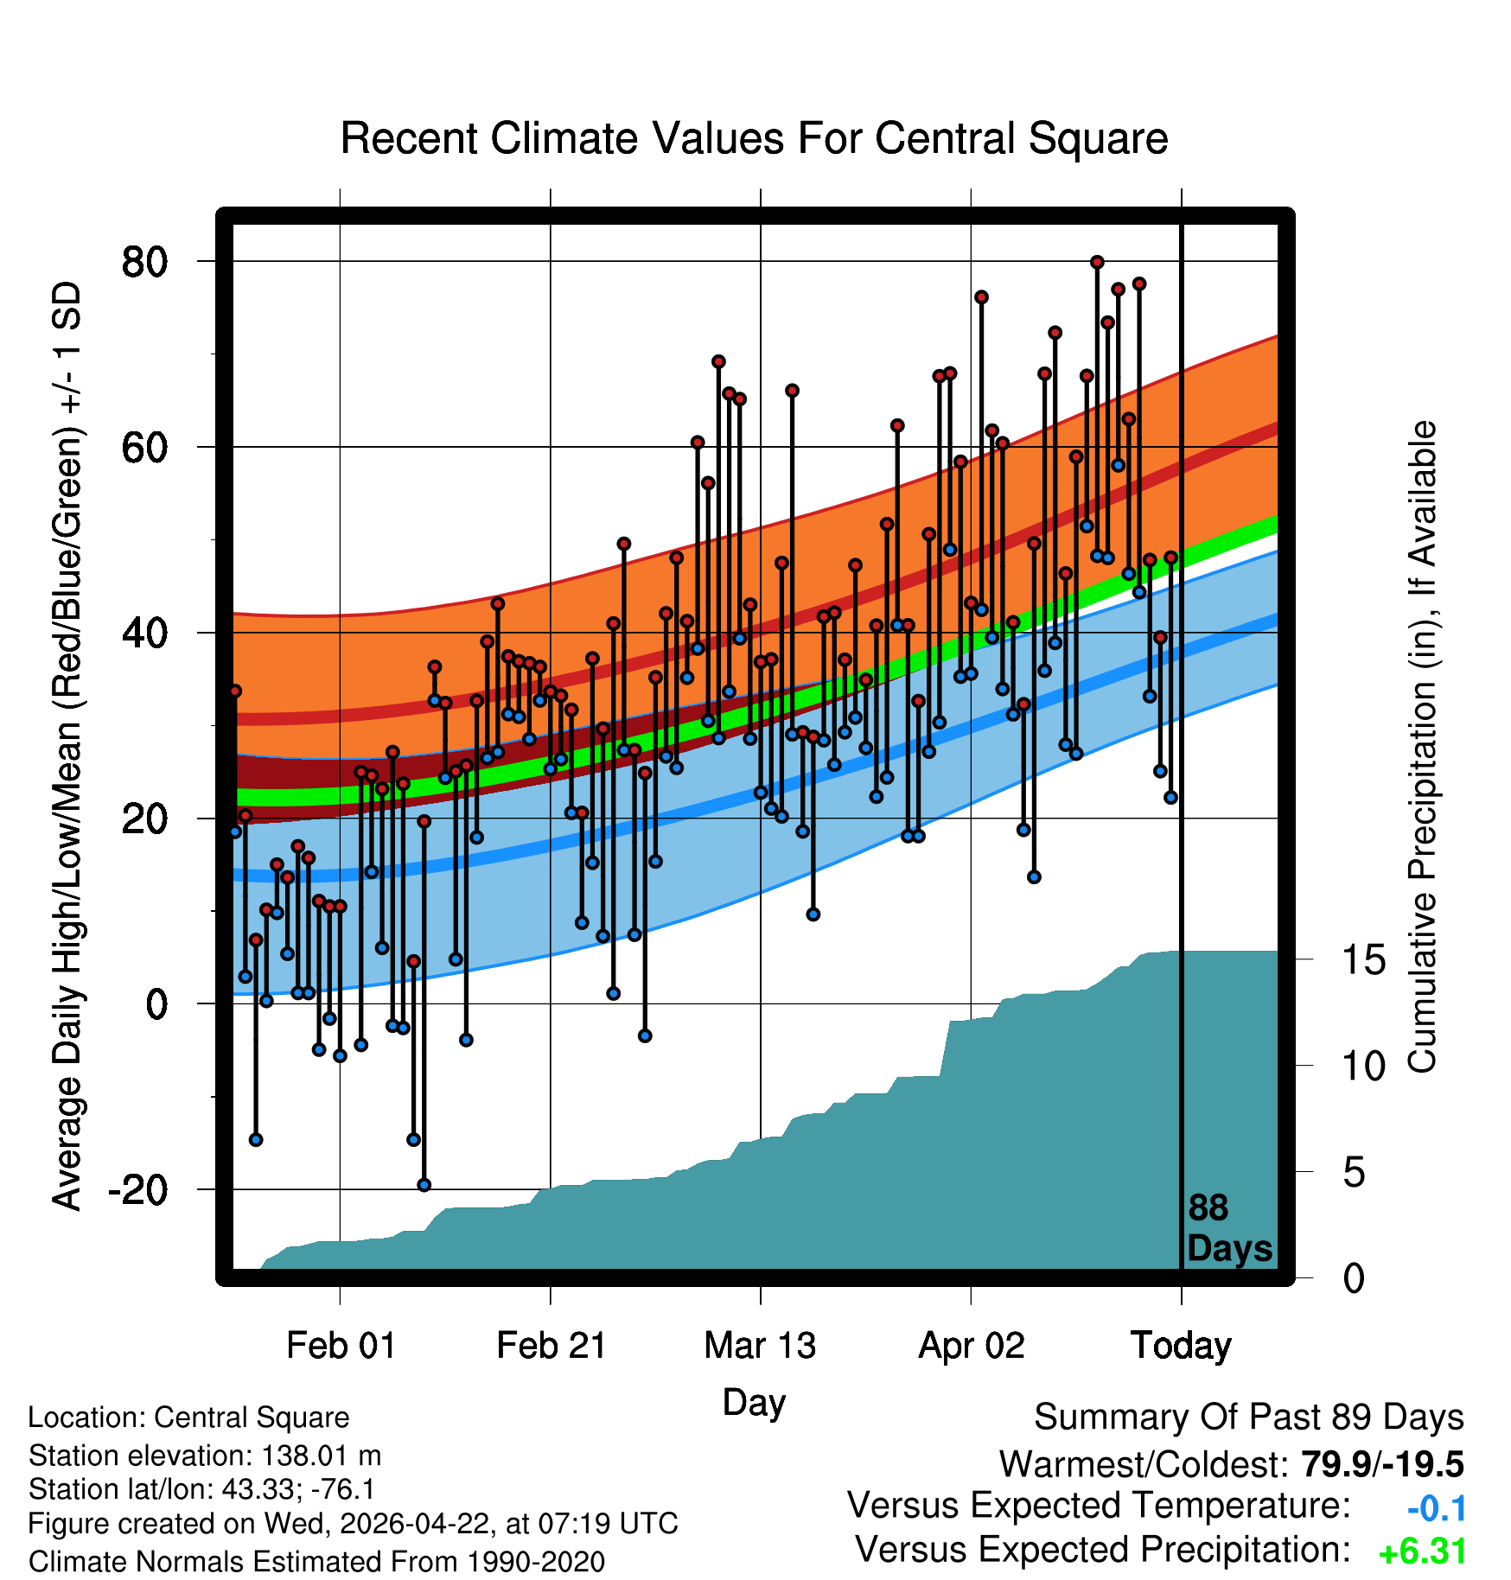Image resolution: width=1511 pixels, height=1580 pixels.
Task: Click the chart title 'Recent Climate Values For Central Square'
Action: pos(754,138)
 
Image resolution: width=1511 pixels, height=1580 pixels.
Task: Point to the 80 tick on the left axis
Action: pos(144,261)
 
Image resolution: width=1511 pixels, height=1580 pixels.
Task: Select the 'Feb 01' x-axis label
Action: pos(341,1346)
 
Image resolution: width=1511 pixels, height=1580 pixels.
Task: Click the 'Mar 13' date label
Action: pos(760,1346)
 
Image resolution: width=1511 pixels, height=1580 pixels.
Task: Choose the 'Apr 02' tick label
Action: pos(971,1346)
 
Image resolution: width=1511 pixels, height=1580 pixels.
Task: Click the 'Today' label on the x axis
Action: pos(1181,1346)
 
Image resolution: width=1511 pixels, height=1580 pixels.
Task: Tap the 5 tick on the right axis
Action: pos(1355,1173)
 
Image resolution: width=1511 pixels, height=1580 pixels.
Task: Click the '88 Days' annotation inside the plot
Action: pos(1229,1228)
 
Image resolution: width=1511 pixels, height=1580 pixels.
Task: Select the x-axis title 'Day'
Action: pos(754,1402)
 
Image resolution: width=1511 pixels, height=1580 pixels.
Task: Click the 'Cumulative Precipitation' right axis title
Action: pos(1422,747)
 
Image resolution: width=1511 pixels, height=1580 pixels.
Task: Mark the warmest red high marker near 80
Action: pos(1097,262)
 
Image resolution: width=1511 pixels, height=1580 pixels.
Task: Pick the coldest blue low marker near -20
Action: pos(424,1185)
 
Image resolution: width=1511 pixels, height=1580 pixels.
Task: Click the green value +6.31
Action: pos(1423,1552)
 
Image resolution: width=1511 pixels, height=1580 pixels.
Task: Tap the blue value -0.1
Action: pos(1437,1508)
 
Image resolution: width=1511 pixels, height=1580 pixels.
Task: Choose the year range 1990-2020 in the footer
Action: pos(536,1562)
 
